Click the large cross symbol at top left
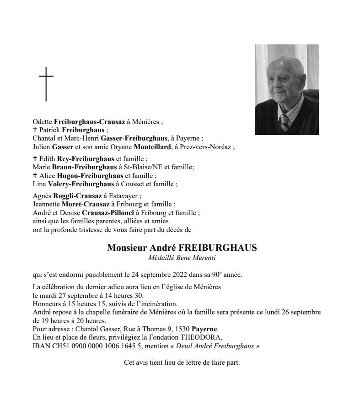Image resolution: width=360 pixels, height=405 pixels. click(x=46, y=84)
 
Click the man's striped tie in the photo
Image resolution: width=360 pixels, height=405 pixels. click(x=285, y=121)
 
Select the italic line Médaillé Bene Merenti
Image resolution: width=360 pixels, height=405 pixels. click(x=182, y=258)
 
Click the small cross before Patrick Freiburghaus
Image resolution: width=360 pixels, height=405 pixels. click(x=35, y=130)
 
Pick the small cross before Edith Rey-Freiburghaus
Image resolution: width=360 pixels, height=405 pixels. click(x=35, y=159)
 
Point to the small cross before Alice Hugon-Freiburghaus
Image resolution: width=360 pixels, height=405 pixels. click(x=35, y=176)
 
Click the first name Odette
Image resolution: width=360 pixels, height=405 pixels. click(x=43, y=122)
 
